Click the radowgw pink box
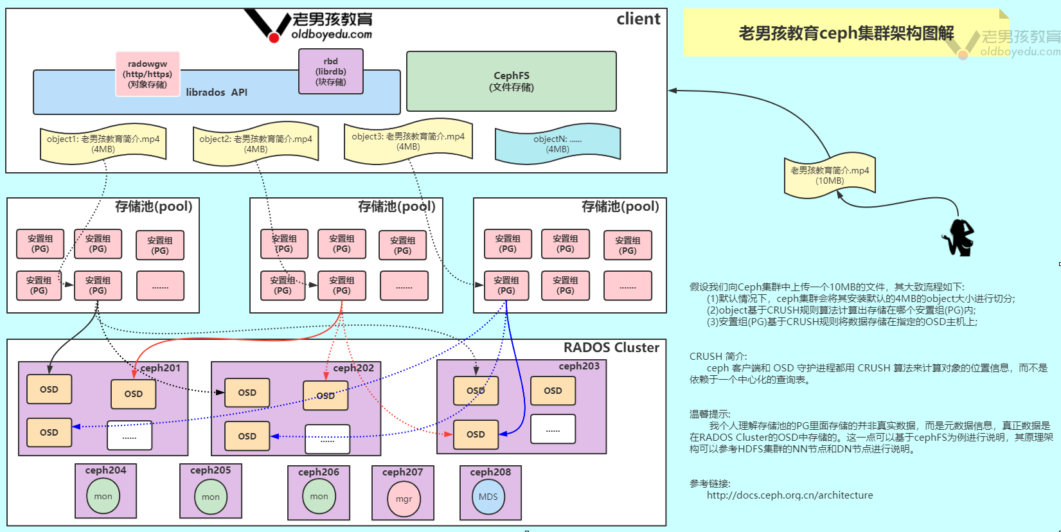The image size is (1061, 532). [147, 75]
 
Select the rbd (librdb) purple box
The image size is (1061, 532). [330, 71]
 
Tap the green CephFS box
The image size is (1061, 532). [511, 82]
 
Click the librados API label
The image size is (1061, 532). [217, 93]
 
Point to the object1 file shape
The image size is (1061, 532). [103, 144]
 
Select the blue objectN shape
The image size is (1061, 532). [557, 144]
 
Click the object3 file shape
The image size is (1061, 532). [408, 141]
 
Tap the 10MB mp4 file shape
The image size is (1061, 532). [829, 175]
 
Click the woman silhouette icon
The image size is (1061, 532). [959, 238]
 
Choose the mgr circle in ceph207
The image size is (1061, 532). [404, 499]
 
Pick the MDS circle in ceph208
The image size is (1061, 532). [488, 497]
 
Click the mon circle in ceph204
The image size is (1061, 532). [103, 496]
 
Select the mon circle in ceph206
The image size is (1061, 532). [319, 496]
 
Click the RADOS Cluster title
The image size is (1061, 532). [611, 348]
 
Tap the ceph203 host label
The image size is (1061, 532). [578, 366]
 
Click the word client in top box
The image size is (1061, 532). [637, 19]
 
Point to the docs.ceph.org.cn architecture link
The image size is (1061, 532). [789, 495]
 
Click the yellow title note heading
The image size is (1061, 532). [846, 33]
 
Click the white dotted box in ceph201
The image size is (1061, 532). [129, 436]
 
